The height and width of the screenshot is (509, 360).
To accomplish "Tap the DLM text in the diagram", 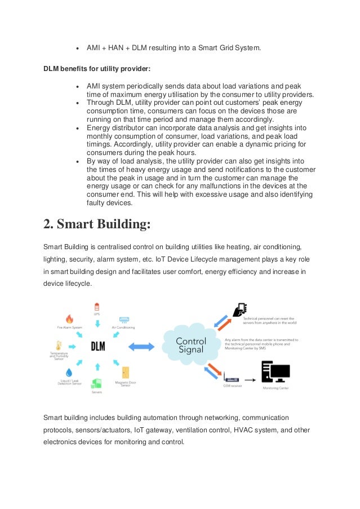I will click(97, 346).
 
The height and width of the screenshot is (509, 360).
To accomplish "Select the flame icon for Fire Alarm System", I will click(70, 319).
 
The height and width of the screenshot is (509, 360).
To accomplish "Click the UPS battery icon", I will click(97, 307).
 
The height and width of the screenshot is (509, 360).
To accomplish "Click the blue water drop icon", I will click(69, 373).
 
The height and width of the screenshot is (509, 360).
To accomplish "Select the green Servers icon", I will click(97, 384).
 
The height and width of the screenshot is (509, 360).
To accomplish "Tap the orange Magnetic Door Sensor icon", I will click(125, 372).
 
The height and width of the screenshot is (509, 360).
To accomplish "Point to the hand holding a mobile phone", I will click(240, 311).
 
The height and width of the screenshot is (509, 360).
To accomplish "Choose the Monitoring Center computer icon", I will click(275, 373).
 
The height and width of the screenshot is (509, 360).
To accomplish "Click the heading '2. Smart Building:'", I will click(97, 224).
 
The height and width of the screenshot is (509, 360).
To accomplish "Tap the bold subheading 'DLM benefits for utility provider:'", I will click(97, 69).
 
